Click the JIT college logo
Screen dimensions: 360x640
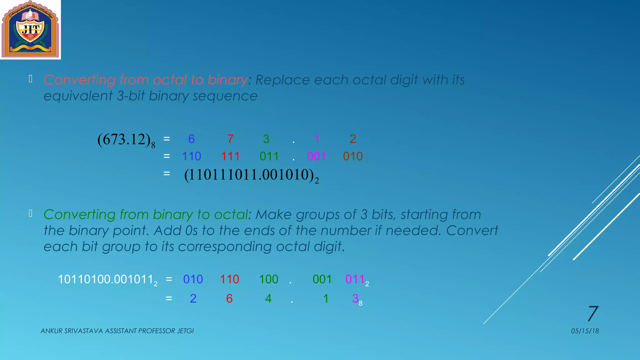30,30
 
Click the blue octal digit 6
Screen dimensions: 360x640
191,139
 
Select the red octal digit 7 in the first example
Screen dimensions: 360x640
230,139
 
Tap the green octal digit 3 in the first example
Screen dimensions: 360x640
266,139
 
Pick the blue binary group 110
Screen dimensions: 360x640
191,156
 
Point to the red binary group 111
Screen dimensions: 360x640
230,156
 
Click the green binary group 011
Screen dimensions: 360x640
269,156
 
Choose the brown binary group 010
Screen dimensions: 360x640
353,156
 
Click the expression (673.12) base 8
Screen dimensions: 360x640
126,140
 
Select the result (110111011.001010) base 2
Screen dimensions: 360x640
251,175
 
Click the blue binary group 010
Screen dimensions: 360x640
193,279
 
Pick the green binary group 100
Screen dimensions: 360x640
268,279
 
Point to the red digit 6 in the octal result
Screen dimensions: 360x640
229,299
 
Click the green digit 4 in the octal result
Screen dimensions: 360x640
268,299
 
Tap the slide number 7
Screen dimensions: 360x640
592,313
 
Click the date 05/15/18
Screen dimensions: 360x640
585,331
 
